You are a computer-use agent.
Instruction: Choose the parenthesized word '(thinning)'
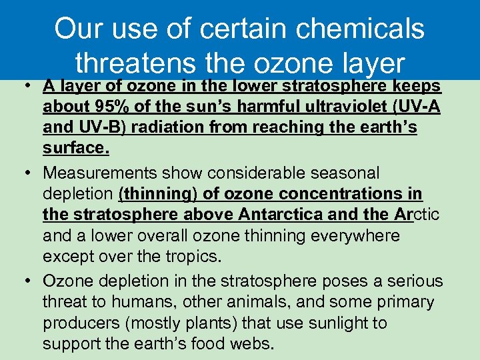(152, 194)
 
